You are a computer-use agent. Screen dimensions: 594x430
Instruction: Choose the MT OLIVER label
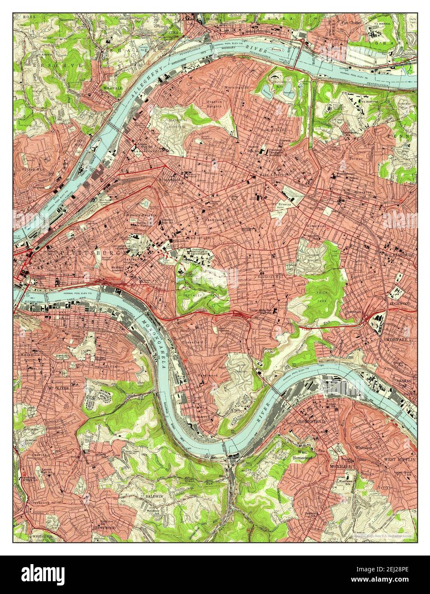point(58,388)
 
